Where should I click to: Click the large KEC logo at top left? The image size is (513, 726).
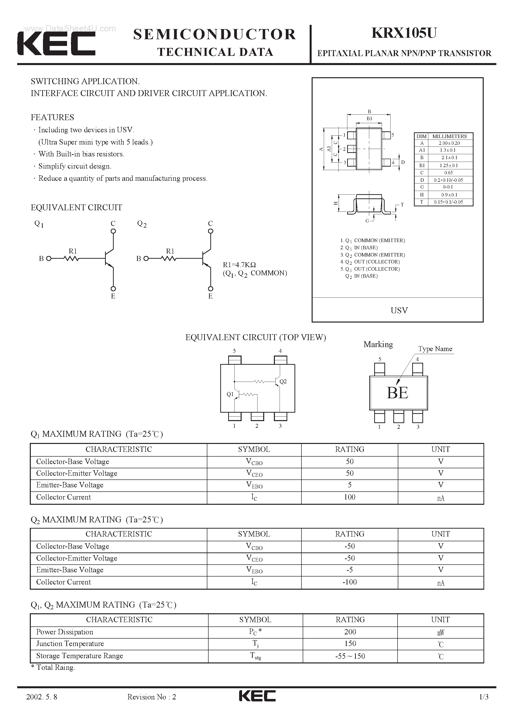[56, 44]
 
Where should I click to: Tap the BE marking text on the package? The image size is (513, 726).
[398, 393]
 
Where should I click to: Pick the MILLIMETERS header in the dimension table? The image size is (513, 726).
[449, 136]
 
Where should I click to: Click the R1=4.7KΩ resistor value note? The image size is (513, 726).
[239, 265]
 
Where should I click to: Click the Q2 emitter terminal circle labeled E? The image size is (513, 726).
[211, 288]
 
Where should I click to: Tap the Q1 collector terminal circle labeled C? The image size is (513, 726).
[113, 231]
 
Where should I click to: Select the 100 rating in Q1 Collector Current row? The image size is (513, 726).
[349, 497]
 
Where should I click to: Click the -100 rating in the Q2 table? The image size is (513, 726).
[349, 582]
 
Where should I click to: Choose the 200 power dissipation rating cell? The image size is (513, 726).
[350, 632]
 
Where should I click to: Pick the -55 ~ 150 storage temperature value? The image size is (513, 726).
[350, 656]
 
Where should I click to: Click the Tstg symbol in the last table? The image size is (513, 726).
[255, 656]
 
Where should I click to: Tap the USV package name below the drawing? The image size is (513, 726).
[399, 310]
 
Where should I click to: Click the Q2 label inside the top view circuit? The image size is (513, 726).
[283, 381]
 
